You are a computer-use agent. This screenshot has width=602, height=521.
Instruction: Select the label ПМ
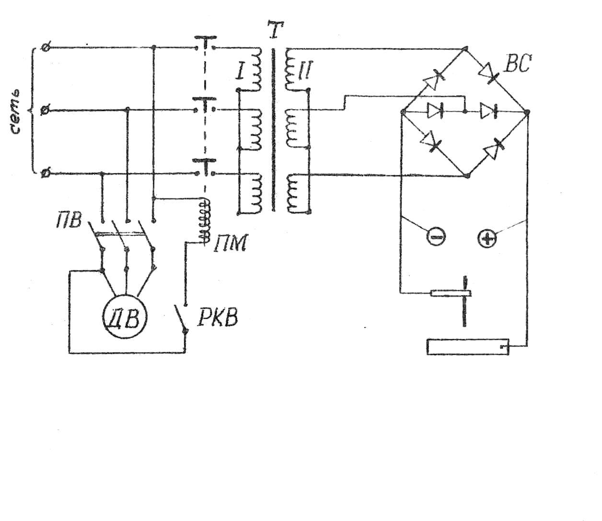pos(231,244)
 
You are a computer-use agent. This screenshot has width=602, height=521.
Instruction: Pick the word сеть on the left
pos(14,111)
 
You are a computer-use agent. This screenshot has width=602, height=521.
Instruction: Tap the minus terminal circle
pos(436,236)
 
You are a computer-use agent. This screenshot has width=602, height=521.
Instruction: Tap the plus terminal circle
pos(486,239)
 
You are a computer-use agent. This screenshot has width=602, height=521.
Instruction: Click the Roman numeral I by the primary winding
pos(240,72)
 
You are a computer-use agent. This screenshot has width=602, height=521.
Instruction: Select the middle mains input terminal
pos(45,110)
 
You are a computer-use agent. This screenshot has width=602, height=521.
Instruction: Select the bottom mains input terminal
pos(45,174)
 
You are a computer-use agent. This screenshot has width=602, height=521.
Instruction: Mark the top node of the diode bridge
pos(466,48)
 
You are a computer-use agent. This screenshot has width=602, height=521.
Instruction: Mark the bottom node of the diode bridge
pos(467,175)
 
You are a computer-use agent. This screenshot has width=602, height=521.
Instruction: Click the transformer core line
pos(274,129)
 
